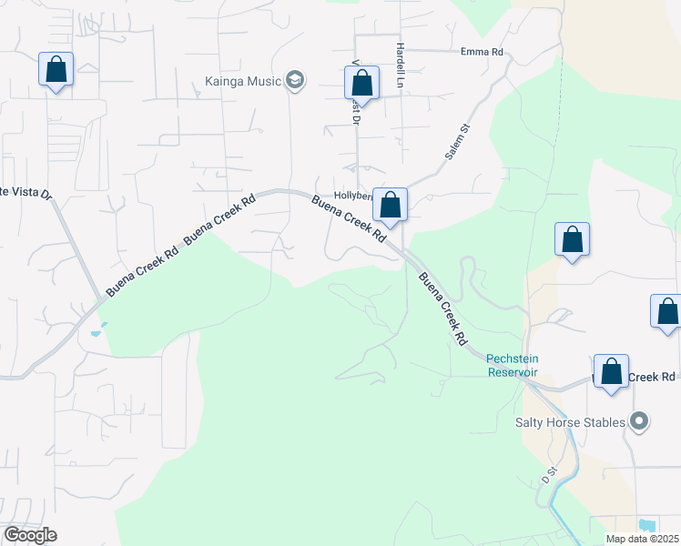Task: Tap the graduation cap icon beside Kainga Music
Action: tap(294, 81)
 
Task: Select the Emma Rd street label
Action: tap(482, 52)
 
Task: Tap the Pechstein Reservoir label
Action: tap(512, 365)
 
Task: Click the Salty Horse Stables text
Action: tap(570, 422)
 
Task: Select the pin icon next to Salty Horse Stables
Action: tap(639, 421)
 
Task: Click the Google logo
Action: tap(30, 535)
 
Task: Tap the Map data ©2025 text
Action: tap(642, 539)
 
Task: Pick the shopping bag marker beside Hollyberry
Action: tap(390, 206)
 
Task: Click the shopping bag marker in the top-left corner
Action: tap(56, 70)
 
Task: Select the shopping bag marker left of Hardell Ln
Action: tap(361, 83)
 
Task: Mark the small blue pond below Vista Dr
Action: tap(97, 333)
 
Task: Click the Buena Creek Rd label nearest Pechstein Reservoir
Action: tap(442, 308)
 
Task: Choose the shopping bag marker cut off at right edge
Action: tap(666, 311)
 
